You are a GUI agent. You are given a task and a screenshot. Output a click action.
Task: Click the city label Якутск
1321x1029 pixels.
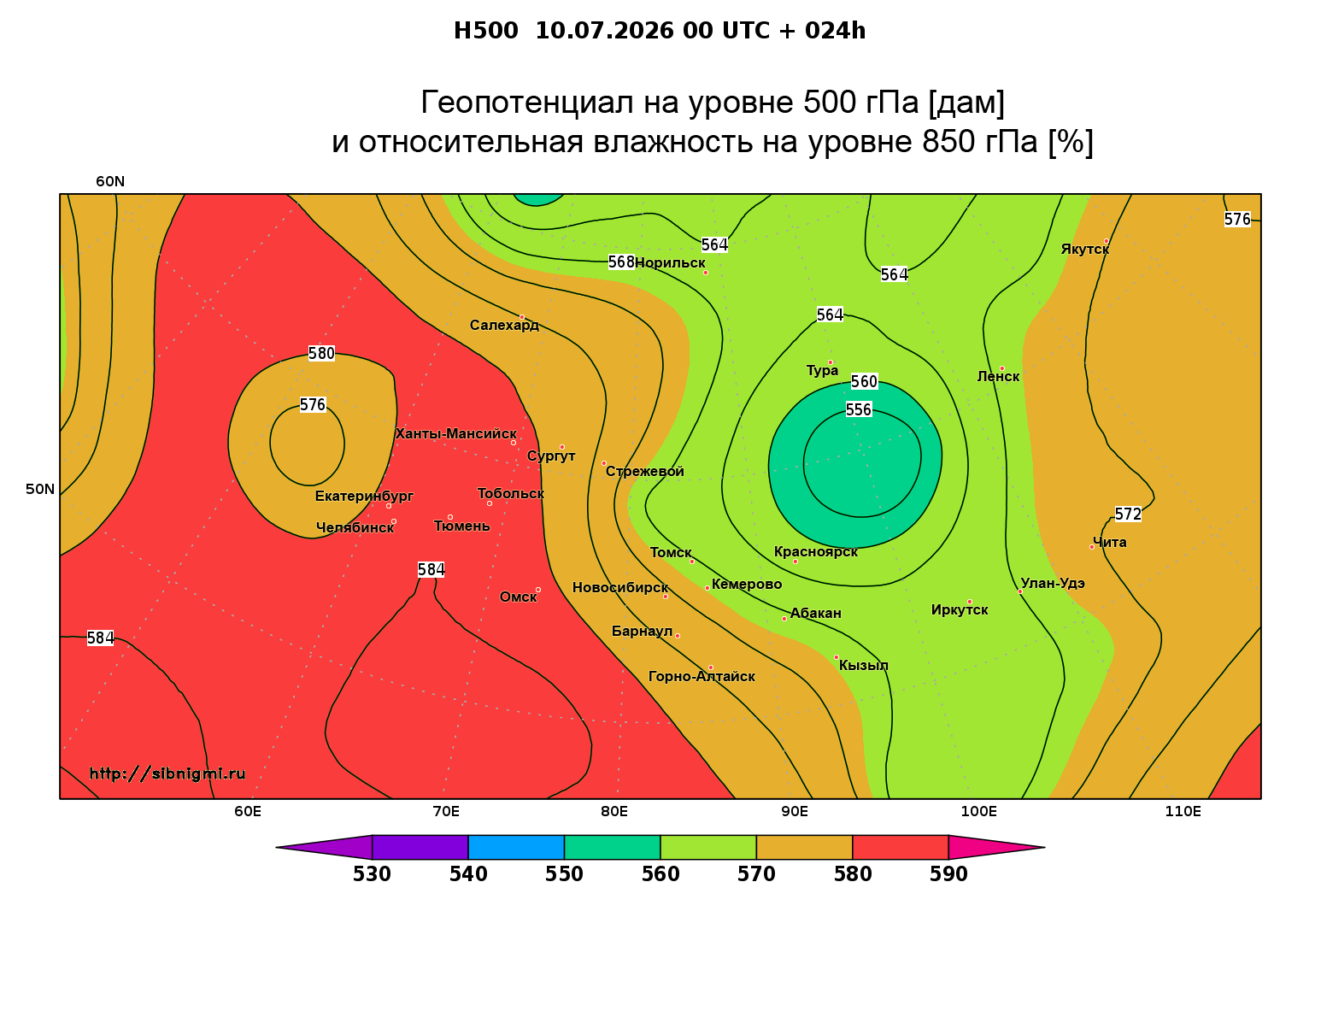click(1084, 250)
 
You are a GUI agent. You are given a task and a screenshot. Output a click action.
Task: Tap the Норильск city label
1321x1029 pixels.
click(669, 262)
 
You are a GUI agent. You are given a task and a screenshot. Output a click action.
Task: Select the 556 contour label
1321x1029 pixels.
click(859, 409)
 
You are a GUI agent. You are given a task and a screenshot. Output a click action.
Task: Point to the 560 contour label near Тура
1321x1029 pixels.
click(864, 382)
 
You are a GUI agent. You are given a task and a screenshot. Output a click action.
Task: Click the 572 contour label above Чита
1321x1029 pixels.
click(1128, 514)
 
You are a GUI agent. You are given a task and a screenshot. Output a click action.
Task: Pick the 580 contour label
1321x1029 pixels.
click(321, 354)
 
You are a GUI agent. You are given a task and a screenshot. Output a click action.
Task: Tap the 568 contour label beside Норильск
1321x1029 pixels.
click(621, 262)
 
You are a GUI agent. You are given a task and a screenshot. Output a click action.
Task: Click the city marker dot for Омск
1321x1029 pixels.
click(538, 590)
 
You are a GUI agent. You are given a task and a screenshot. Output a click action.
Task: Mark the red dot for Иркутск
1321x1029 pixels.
click(969, 602)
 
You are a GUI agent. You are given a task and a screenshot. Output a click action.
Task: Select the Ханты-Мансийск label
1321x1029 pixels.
click(455, 433)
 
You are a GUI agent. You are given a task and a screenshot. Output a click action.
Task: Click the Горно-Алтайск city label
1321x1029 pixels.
click(702, 677)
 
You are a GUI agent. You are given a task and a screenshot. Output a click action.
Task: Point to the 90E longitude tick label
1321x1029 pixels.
click(795, 811)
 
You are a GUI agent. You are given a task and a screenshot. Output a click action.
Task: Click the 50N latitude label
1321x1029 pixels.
click(40, 489)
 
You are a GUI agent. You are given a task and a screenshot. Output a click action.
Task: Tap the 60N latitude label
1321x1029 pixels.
click(110, 182)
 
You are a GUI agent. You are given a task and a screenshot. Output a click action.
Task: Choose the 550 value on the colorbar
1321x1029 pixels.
click(564, 874)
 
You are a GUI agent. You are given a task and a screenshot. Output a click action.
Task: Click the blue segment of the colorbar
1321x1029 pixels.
click(516, 847)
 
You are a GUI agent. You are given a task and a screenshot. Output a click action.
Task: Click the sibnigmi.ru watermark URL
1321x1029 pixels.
click(167, 773)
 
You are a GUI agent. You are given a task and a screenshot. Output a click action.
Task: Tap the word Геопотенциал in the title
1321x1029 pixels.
click(527, 102)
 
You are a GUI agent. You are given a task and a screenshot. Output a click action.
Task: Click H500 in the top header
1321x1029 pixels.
click(485, 31)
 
